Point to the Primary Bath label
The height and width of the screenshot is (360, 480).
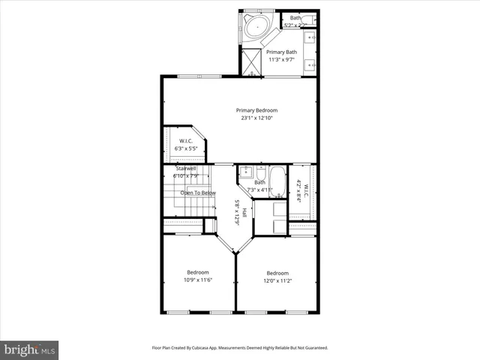tap(282, 52)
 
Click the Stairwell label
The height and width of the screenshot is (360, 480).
tap(186, 169)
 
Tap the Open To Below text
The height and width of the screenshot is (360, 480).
tap(198, 193)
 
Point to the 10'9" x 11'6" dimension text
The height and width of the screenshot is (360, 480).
tap(198, 280)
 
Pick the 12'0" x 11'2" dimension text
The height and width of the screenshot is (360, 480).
tap(277, 280)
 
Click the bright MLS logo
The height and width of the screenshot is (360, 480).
tap(30, 349)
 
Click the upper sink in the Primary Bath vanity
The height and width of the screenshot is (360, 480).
tap(311, 36)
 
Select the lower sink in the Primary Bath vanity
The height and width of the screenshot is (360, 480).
tap(311, 64)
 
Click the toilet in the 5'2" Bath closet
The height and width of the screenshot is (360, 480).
tap(311, 18)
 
